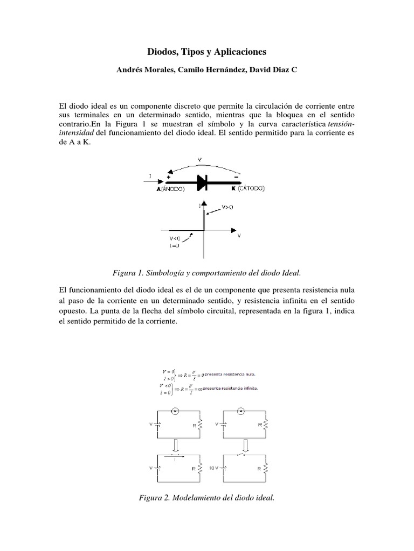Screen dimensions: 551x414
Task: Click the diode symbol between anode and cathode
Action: coord(203,183)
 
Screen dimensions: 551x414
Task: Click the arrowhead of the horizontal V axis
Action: coord(237,232)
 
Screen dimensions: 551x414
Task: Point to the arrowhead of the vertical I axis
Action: coord(204,202)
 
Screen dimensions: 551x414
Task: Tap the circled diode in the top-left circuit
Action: coord(175,412)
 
